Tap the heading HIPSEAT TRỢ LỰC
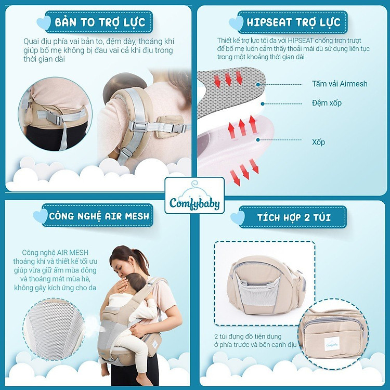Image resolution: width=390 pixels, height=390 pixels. [x=294, y=22]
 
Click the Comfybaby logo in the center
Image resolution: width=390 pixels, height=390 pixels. [x=194, y=197]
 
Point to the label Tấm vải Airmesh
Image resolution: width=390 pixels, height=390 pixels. [x=340, y=84]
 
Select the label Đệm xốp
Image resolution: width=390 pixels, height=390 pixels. [x=327, y=103]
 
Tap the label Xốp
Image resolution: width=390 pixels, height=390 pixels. [x=319, y=141]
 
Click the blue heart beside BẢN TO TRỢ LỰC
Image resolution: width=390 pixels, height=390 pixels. [x=44, y=22]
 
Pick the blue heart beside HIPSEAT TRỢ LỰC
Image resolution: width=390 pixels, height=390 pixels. [x=237, y=23]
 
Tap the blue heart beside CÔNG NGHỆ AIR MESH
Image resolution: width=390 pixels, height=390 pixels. [x=40, y=216]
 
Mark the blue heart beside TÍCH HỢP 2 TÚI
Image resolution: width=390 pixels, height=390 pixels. [x=238, y=217]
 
